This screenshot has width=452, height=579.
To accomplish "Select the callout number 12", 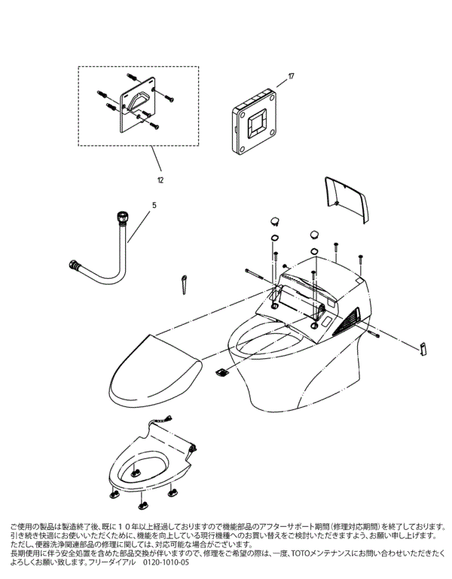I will click(160, 181).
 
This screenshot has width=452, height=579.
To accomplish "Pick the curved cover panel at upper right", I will click(348, 198).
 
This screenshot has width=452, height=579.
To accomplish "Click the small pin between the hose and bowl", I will click(183, 284).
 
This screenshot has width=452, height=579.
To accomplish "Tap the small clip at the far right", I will click(423, 347).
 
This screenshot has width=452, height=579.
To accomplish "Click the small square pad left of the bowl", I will click(221, 371).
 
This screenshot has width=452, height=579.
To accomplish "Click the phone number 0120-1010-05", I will click(165, 562).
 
